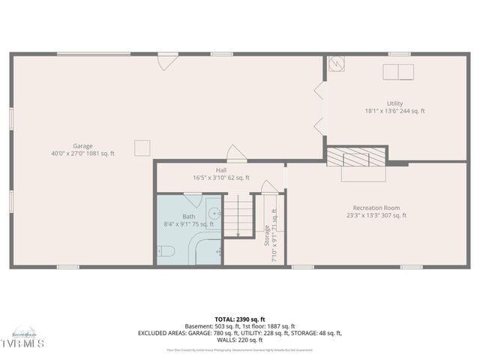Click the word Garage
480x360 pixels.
82,145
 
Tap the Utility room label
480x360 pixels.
394,103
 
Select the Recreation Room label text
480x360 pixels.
376,208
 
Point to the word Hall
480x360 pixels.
221,170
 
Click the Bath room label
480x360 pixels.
188,216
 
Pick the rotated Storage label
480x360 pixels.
267,235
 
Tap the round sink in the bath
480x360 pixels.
214,212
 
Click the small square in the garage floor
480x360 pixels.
142,148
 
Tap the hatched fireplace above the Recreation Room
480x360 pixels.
355,156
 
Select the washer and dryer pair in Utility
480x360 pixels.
397,72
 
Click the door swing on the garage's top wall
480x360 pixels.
168,61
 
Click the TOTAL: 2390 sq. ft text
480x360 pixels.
240,318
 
